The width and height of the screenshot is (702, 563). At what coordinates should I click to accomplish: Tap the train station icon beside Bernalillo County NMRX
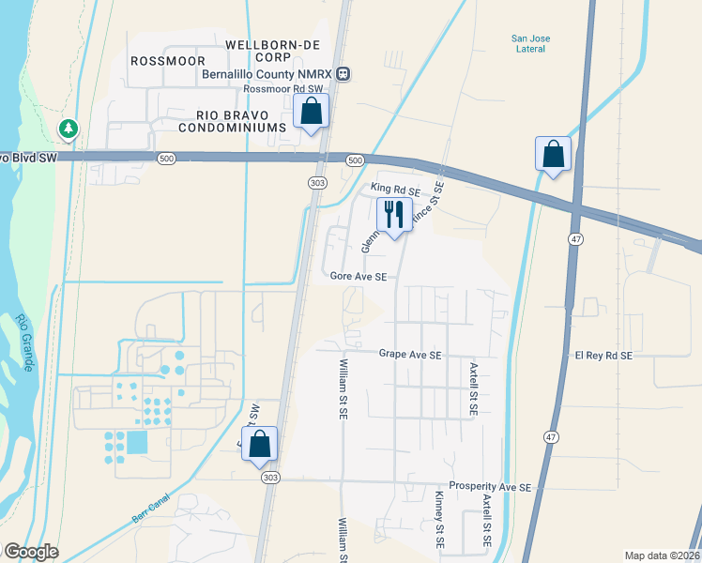344,73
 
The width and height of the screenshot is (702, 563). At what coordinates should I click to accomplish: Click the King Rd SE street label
395,190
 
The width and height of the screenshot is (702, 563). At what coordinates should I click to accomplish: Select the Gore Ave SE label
359,277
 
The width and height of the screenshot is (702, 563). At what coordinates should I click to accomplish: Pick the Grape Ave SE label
410,356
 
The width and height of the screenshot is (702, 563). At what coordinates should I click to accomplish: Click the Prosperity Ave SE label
490,487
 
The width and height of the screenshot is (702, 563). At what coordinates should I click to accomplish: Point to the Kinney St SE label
438,522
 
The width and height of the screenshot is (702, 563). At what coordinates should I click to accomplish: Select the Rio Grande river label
24,342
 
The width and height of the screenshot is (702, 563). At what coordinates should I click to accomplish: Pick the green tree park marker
69,128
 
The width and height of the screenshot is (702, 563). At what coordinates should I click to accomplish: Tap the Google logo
31,553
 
